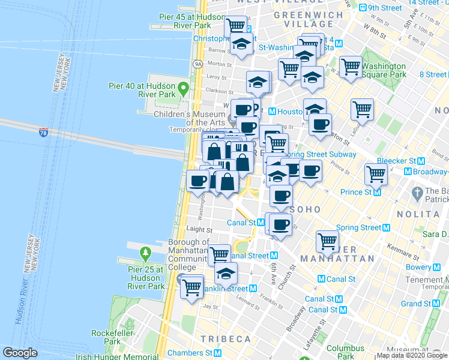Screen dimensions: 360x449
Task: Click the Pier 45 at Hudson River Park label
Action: point(185,22)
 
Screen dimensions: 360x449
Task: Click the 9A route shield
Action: point(197,64)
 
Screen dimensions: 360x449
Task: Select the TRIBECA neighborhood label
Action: point(226,339)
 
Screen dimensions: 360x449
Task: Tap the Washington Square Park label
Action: point(384,70)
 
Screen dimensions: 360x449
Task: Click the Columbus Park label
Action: point(345,352)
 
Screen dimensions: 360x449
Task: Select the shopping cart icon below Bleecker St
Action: point(376,173)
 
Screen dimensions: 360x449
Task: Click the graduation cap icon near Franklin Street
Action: point(226,274)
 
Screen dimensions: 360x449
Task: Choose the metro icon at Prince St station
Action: point(377,192)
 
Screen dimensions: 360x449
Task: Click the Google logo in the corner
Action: point(20,353)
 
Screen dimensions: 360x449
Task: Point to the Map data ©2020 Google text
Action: point(411,356)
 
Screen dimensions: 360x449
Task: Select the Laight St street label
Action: point(199,229)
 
